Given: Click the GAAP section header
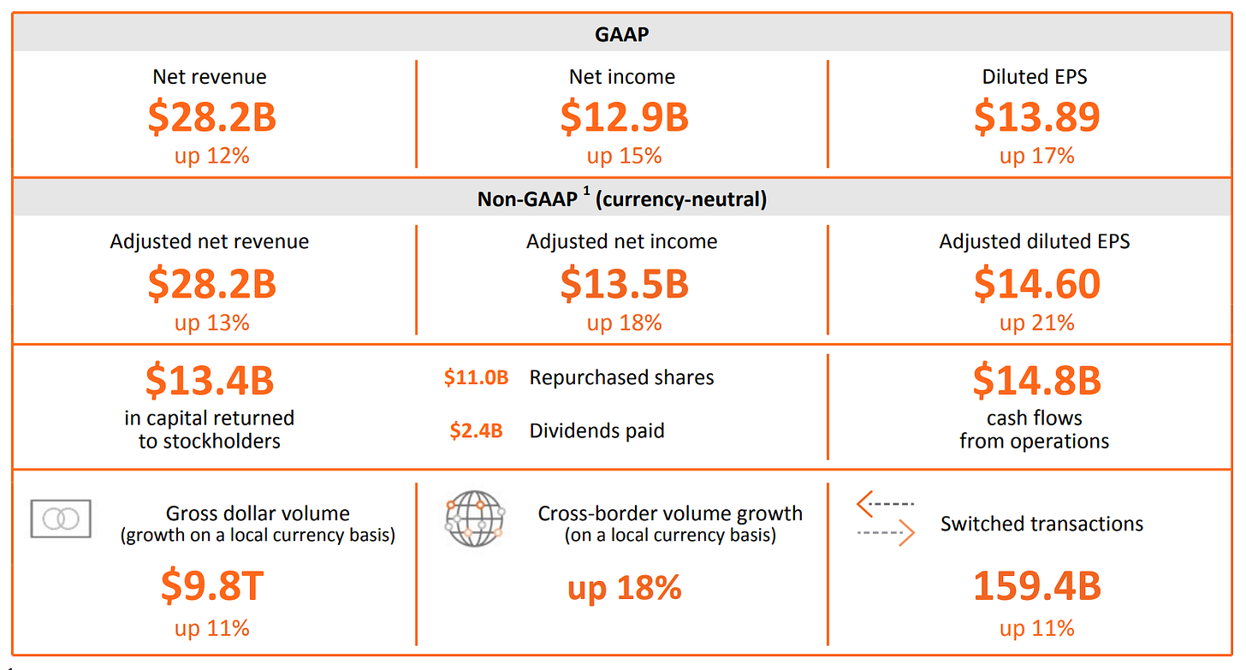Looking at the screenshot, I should point(622,34).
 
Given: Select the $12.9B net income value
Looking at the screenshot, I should point(624,117).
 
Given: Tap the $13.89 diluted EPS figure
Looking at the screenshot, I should point(1036,117).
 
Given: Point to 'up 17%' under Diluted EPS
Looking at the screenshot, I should point(1036,156).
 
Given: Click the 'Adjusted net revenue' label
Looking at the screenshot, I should point(210,241).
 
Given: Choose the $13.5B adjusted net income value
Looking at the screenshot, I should point(624,284).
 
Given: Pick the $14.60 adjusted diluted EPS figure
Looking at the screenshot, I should point(1036,284).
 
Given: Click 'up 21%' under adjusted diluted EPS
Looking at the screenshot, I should point(1036,323).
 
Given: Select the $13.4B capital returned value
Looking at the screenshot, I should point(210,381).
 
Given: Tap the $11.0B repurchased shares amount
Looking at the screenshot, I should point(476,377).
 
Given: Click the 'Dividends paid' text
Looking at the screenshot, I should point(596,430).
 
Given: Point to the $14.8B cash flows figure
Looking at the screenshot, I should point(1036,381).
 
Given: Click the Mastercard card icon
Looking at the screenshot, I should point(61,519).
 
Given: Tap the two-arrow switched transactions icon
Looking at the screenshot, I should point(886,519).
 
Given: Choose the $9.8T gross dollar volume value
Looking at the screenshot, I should point(211,586).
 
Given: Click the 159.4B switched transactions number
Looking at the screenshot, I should point(1036,586).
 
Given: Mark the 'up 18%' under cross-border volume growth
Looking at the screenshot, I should point(624,588).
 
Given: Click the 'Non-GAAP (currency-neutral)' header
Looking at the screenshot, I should point(622,199).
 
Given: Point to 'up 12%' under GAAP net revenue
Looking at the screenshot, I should point(211,156).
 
